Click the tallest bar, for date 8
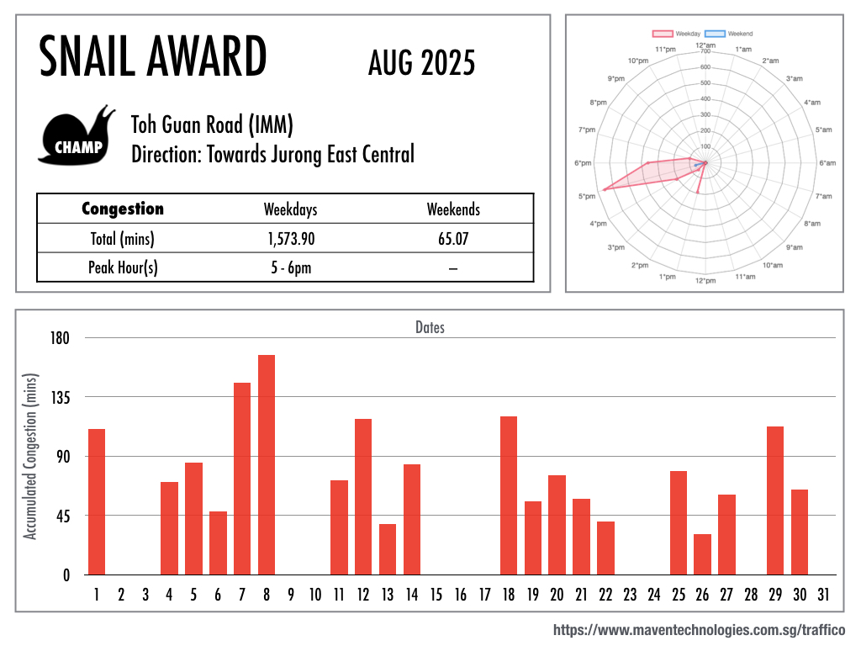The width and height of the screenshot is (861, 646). pyautogui.click(x=267, y=464)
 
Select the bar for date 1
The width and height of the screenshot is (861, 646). pyautogui.click(x=97, y=501)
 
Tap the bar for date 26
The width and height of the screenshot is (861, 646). pyautogui.click(x=702, y=554)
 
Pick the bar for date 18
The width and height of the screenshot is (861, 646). pyautogui.click(x=509, y=495)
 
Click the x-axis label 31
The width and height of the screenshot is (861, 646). pyautogui.click(x=823, y=596)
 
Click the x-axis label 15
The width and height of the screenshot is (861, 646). pyautogui.click(x=436, y=596)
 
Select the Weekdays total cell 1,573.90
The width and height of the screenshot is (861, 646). pyautogui.click(x=291, y=239)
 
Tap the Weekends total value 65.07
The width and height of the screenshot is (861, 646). pyautogui.click(x=453, y=239)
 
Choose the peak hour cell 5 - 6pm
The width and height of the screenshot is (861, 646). pyautogui.click(x=291, y=267)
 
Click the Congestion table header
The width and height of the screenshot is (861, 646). pyautogui.click(x=123, y=209)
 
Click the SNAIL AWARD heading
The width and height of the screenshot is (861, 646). pyautogui.click(x=153, y=58)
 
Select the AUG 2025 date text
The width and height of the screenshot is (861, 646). pyautogui.click(x=421, y=62)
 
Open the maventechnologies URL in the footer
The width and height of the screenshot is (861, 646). pyautogui.click(x=699, y=629)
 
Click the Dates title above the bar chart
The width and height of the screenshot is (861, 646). pyautogui.click(x=430, y=327)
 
